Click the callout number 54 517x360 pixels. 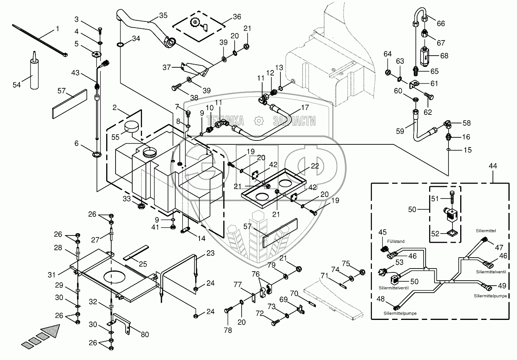(x=17, y=85)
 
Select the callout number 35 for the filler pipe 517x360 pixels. (x=163, y=16)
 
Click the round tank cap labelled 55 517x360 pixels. (x=132, y=127)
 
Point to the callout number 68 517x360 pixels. (x=444, y=56)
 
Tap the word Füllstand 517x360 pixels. (x=396, y=241)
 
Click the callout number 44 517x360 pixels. (x=493, y=166)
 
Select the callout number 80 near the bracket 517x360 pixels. (x=145, y=334)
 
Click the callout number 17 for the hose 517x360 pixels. (x=305, y=107)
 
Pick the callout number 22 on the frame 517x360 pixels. (x=315, y=166)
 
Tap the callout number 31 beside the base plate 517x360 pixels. (x=52, y=275)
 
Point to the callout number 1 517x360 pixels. (x=58, y=29)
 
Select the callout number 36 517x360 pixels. (x=237, y=17)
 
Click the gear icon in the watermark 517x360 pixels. (x=258, y=121)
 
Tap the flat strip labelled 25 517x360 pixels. (x=135, y=253)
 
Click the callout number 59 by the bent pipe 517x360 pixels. (x=400, y=131)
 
